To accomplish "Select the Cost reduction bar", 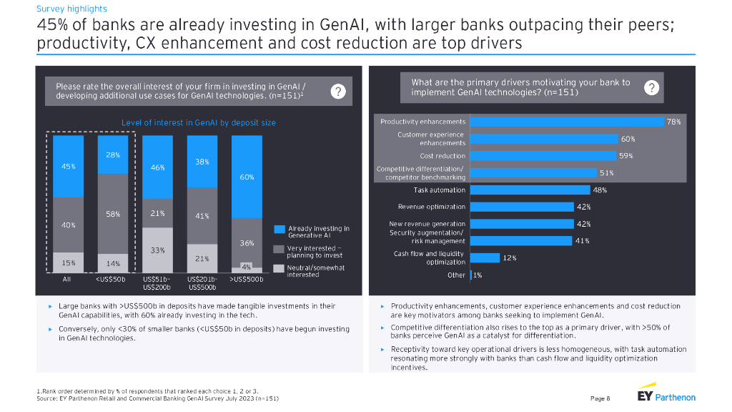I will tap(542, 155).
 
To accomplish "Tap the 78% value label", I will tap(673, 122).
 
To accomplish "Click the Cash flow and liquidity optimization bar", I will tap(484, 257).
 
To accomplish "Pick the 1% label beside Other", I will tap(478, 275).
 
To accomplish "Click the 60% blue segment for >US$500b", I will tap(247, 176).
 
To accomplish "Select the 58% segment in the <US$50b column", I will tap(113, 213).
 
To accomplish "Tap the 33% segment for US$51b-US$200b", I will tap(157, 250).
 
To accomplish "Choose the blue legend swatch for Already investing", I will tap(280, 229).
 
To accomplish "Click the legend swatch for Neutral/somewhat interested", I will tap(280, 268).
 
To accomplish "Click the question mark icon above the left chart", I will tap(339, 92).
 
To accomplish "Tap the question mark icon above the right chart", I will tap(651, 87).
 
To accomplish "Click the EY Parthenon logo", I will tap(666, 396).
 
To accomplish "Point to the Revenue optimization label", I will tap(433, 207).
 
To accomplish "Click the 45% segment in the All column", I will tap(69, 166).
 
